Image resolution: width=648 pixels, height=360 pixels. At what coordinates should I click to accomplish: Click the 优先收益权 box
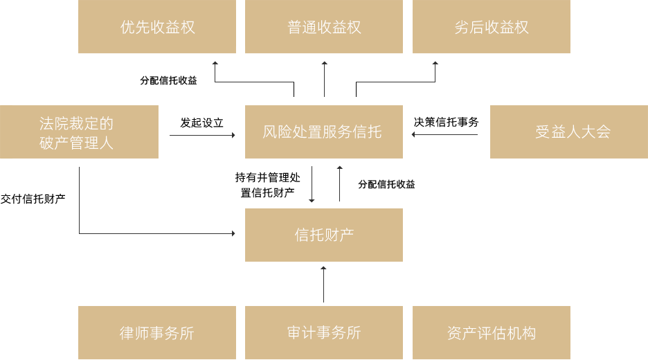157,27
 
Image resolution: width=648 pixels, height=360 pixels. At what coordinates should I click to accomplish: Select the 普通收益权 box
324,27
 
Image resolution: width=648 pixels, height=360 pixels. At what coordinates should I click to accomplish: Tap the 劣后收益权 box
491,27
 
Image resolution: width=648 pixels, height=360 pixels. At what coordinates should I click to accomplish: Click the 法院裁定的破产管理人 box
79,132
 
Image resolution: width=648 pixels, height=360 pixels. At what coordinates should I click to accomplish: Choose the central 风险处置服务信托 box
324,132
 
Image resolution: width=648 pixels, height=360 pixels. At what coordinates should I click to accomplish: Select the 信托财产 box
324,235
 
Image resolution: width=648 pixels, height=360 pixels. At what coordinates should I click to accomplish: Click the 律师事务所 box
157,332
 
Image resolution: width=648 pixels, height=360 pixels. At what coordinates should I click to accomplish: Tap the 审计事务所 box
324,332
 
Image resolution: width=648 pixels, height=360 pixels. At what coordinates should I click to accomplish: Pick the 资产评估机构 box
491,332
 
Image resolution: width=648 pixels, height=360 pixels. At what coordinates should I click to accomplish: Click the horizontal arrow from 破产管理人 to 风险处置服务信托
201,135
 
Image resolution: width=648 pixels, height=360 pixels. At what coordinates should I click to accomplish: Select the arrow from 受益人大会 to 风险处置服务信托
447,134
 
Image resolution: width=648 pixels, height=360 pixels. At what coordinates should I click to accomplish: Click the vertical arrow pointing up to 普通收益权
324,79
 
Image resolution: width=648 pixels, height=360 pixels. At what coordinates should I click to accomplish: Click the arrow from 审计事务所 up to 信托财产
323,285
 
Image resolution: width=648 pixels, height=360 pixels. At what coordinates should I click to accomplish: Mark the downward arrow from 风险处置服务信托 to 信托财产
312,183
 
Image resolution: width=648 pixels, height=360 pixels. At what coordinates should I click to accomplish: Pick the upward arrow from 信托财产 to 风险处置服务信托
339,183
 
